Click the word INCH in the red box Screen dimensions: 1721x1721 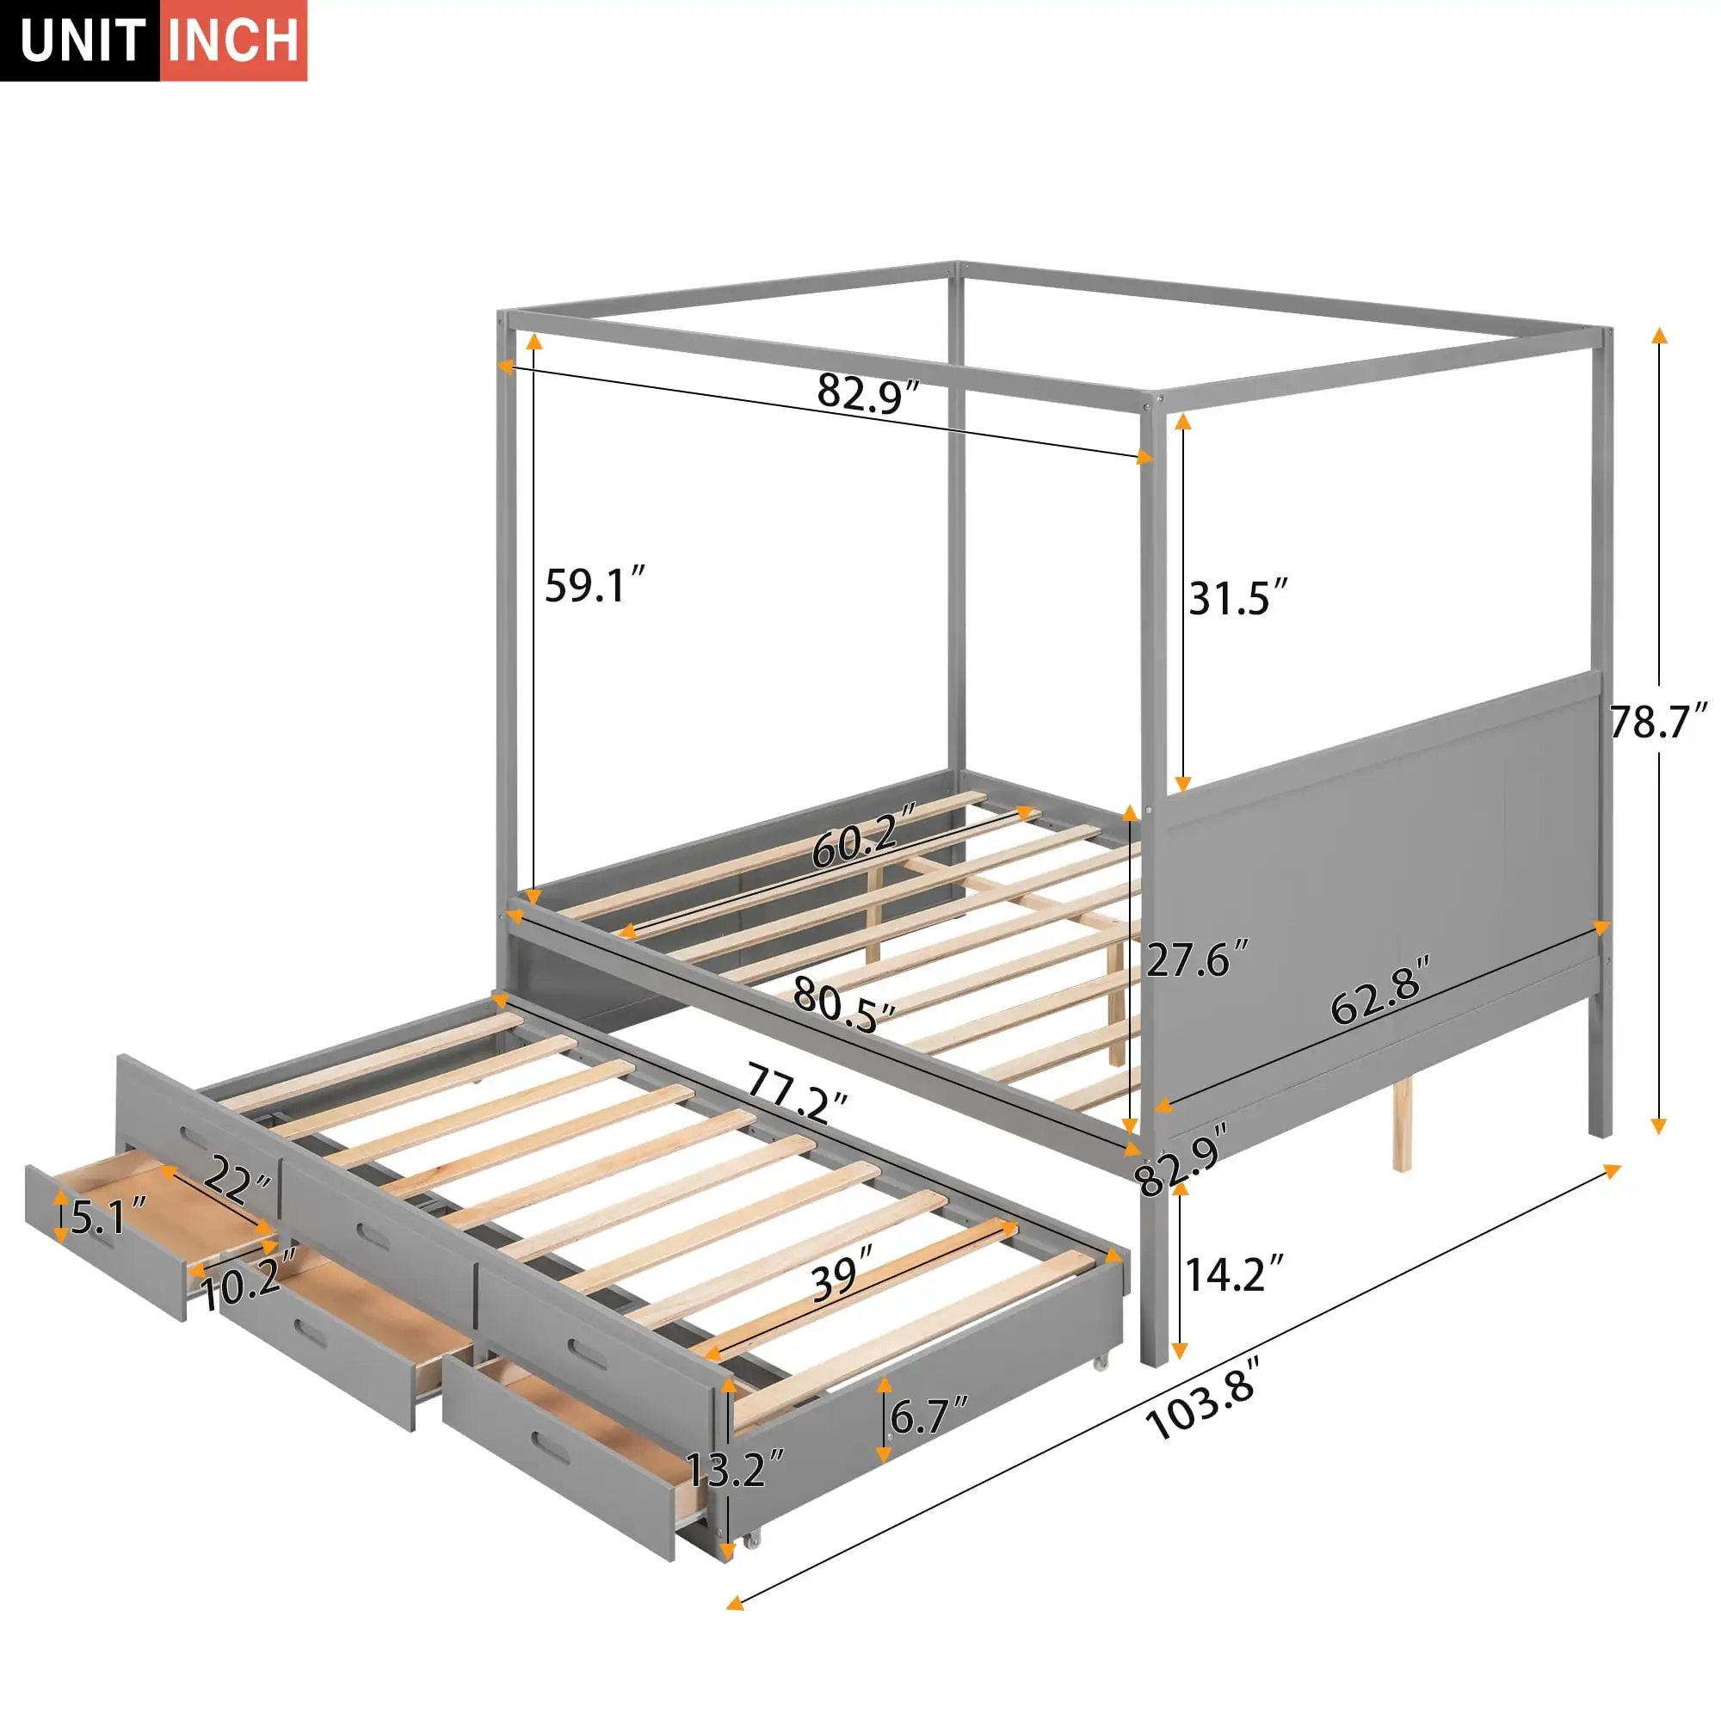click(233, 41)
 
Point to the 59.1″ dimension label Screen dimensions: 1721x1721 click(593, 586)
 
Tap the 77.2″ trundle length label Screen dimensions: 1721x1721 click(796, 1092)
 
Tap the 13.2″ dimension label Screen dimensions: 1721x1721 click(734, 1470)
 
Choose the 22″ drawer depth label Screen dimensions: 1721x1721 click(237, 1183)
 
